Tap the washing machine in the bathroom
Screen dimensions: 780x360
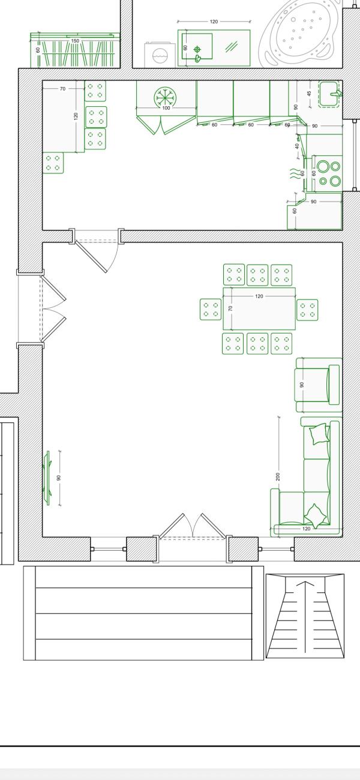coord(159,55)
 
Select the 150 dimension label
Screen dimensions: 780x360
coord(75,41)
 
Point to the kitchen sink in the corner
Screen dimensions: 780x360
coord(330,94)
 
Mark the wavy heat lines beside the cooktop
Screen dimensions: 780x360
coord(295,174)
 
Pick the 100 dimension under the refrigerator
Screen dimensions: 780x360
coord(166,108)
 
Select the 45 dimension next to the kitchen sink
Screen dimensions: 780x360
coord(310,94)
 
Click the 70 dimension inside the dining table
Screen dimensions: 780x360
coord(230,308)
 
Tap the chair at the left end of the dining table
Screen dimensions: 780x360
coord(210,310)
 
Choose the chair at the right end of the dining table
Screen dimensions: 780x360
coord(307,310)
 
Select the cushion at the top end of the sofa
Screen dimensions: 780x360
coord(318,434)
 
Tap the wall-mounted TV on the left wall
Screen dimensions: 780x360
coord(47,478)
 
